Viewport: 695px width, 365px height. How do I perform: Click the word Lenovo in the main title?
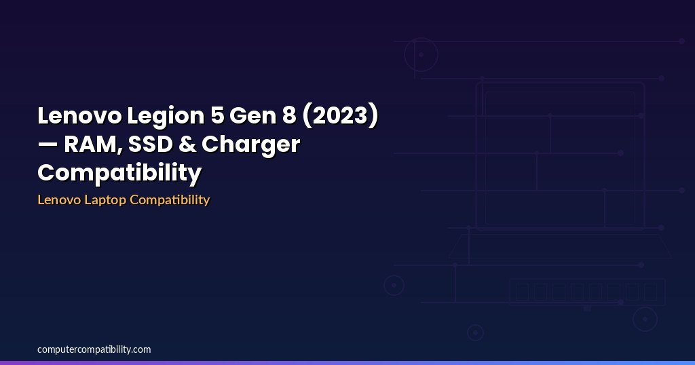point(79,115)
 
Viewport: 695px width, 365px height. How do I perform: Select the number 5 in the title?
point(217,115)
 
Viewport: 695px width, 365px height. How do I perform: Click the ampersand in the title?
point(187,145)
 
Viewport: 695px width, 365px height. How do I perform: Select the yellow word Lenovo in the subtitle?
point(60,199)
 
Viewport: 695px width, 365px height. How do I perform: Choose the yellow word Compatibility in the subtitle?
point(170,200)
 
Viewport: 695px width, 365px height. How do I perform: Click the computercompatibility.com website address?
point(94,349)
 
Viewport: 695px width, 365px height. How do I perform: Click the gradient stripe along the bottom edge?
point(347,363)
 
